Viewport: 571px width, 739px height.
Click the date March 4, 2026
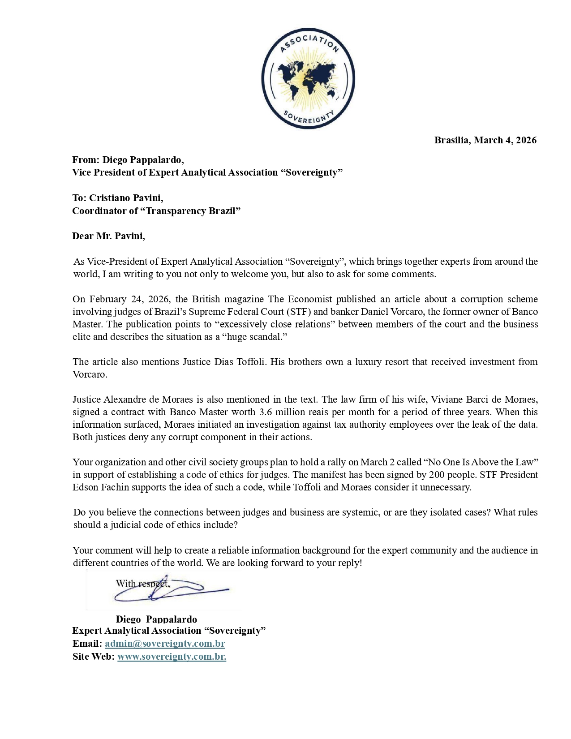coord(505,140)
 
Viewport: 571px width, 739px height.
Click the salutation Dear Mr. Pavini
coord(108,236)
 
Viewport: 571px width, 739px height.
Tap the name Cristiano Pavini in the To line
coord(126,198)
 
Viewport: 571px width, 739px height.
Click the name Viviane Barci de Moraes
coord(484,400)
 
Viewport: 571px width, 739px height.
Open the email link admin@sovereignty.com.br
coord(165,644)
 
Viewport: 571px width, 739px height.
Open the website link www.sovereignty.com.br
coord(172,657)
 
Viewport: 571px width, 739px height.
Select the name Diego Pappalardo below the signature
coord(156,619)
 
